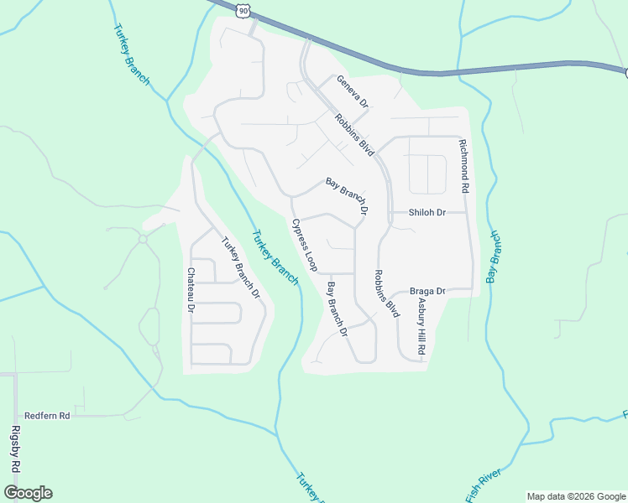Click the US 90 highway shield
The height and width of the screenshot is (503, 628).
[243, 9]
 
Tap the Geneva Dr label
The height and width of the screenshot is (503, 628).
[353, 92]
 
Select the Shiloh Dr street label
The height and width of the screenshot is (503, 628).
[427, 213]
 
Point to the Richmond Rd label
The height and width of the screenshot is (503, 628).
[463, 168]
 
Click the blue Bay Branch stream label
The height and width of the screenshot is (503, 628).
[494, 257]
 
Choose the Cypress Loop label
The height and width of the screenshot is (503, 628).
[304, 245]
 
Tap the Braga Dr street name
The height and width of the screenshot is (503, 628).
[427, 292]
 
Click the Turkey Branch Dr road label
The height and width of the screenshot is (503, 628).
[241, 268]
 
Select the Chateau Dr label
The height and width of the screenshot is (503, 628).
[191, 291]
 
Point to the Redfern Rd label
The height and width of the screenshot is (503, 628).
[47, 415]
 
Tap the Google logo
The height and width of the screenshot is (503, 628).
[28, 493]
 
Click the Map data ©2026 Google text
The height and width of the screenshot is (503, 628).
[576, 496]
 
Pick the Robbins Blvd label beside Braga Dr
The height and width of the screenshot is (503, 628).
[386, 293]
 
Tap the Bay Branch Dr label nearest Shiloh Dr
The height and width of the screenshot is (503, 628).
[347, 197]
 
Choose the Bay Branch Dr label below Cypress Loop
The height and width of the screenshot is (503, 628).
[338, 309]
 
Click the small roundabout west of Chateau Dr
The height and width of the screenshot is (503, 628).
[143, 239]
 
